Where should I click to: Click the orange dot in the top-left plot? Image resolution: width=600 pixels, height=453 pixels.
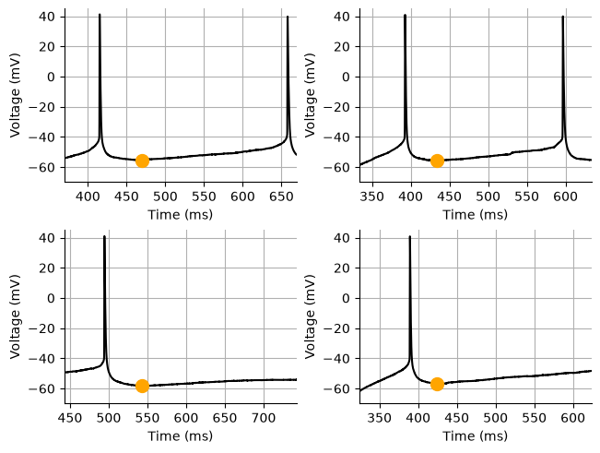[x=142, y=161]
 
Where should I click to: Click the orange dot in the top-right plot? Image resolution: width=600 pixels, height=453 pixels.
[x=437, y=161]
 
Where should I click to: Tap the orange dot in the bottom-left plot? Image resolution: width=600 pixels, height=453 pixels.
[x=142, y=386]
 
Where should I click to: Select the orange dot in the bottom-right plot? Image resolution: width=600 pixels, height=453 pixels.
[x=437, y=384]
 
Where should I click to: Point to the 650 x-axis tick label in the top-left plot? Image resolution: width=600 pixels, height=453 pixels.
[x=282, y=197]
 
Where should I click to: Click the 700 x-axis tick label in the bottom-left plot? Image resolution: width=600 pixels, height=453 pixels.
[x=264, y=418]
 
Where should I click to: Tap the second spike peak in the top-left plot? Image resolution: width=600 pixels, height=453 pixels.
[x=288, y=17]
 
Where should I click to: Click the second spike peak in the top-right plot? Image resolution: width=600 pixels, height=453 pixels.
[x=562, y=17]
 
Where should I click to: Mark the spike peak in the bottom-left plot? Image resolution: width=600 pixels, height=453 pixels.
[x=104, y=236]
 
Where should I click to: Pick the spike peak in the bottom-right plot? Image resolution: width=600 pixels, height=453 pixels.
[x=410, y=236]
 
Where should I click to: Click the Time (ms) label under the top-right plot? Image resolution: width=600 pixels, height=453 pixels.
[x=476, y=214]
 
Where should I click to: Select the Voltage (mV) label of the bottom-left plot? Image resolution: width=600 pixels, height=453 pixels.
[x=15, y=316]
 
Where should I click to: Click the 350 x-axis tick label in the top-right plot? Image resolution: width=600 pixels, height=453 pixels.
[x=372, y=197]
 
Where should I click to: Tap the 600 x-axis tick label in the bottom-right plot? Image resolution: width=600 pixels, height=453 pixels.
[x=573, y=418]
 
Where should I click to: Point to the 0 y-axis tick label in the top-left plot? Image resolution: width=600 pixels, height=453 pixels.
[x=52, y=77]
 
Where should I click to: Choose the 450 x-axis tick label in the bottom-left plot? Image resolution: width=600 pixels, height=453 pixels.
[x=71, y=418]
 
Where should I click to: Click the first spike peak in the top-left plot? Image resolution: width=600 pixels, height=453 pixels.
[x=100, y=16]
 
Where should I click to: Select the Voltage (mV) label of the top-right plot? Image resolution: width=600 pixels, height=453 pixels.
[x=310, y=95]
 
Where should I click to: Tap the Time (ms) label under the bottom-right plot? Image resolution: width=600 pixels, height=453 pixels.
[x=476, y=435]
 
